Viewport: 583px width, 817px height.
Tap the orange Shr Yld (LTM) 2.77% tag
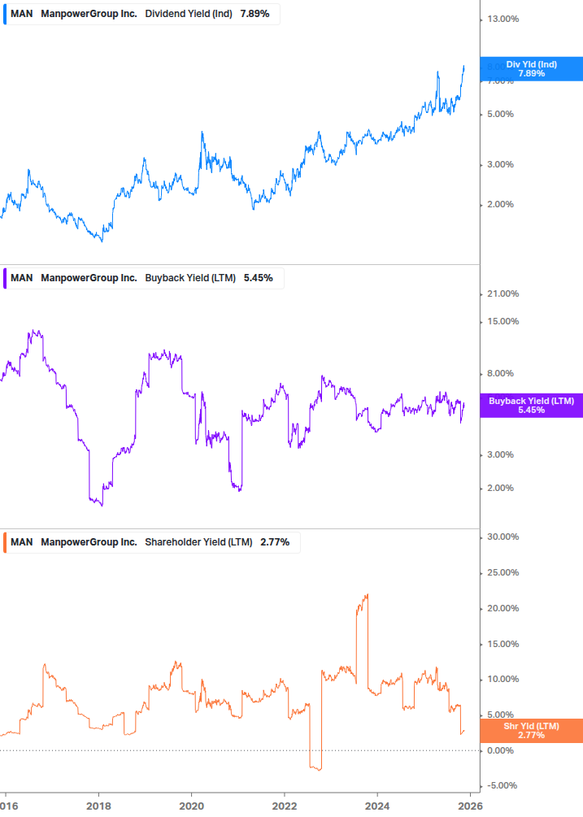(x=531, y=730)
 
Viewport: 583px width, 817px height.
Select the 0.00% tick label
(x=503, y=750)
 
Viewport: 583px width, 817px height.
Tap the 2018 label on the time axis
(x=98, y=805)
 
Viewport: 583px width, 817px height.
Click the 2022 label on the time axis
(x=285, y=805)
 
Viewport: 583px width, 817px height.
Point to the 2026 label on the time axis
(x=470, y=805)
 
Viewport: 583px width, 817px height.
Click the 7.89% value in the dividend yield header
(x=255, y=14)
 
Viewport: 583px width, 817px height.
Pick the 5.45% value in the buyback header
(x=258, y=278)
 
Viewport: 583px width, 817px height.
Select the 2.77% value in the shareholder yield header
(x=275, y=542)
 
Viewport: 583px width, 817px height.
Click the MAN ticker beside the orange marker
(x=22, y=542)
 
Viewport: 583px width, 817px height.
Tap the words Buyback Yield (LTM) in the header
(x=190, y=278)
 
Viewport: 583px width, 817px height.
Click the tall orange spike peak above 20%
(x=367, y=595)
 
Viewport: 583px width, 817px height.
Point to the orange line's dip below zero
(x=317, y=767)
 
